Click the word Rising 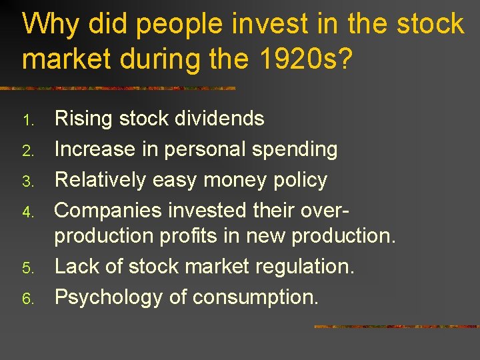point(83,119)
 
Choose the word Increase point(95,149)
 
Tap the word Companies point(108,211)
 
